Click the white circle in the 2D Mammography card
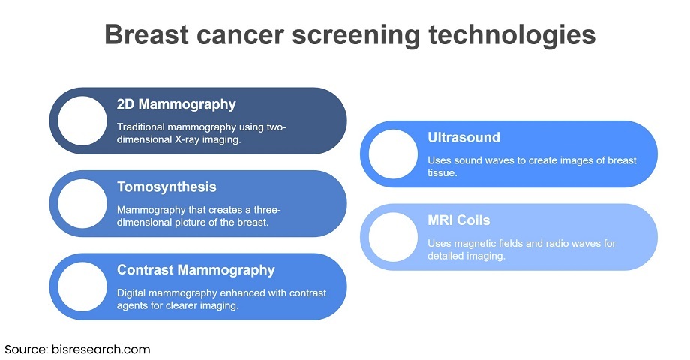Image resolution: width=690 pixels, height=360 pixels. [x=82, y=121]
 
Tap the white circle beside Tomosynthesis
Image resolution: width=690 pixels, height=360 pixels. [x=82, y=203]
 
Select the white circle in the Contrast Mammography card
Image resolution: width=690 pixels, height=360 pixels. [x=82, y=286]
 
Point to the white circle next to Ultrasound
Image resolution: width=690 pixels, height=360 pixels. [x=393, y=154]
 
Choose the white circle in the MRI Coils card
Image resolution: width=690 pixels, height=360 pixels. [x=393, y=237]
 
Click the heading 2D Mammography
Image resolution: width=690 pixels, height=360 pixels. [x=176, y=104]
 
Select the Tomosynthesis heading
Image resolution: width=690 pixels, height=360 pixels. [x=166, y=187]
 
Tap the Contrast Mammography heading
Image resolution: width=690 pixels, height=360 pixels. [x=196, y=270]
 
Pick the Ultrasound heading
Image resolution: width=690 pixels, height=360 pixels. [x=463, y=137]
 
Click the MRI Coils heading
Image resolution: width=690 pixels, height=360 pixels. [x=458, y=220]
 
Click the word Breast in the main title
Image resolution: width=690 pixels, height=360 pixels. [x=146, y=34]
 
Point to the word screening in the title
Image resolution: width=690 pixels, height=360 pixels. [x=355, y=36]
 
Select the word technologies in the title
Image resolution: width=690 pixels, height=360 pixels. [x=511, y=36]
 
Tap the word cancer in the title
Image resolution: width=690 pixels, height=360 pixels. [x=240, y=35]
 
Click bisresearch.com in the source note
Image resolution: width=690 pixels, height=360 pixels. [x=100, y=349]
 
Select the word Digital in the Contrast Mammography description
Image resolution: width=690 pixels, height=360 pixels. [x=130, y=293]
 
